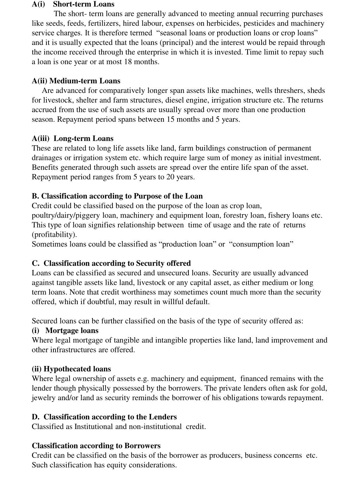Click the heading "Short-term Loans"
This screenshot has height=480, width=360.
point(83,4)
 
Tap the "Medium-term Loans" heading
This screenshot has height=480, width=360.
point(85,81)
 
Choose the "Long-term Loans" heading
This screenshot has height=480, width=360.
point(83,139)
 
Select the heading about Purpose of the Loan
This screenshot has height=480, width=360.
point(117,196)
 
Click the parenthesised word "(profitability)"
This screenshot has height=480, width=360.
point(54,235)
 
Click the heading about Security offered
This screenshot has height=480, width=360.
point(111,263)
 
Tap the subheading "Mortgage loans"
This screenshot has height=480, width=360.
point(72,331)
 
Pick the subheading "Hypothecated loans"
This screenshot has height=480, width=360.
point(77,369)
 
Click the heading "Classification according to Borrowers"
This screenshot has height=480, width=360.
point(96,446)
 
